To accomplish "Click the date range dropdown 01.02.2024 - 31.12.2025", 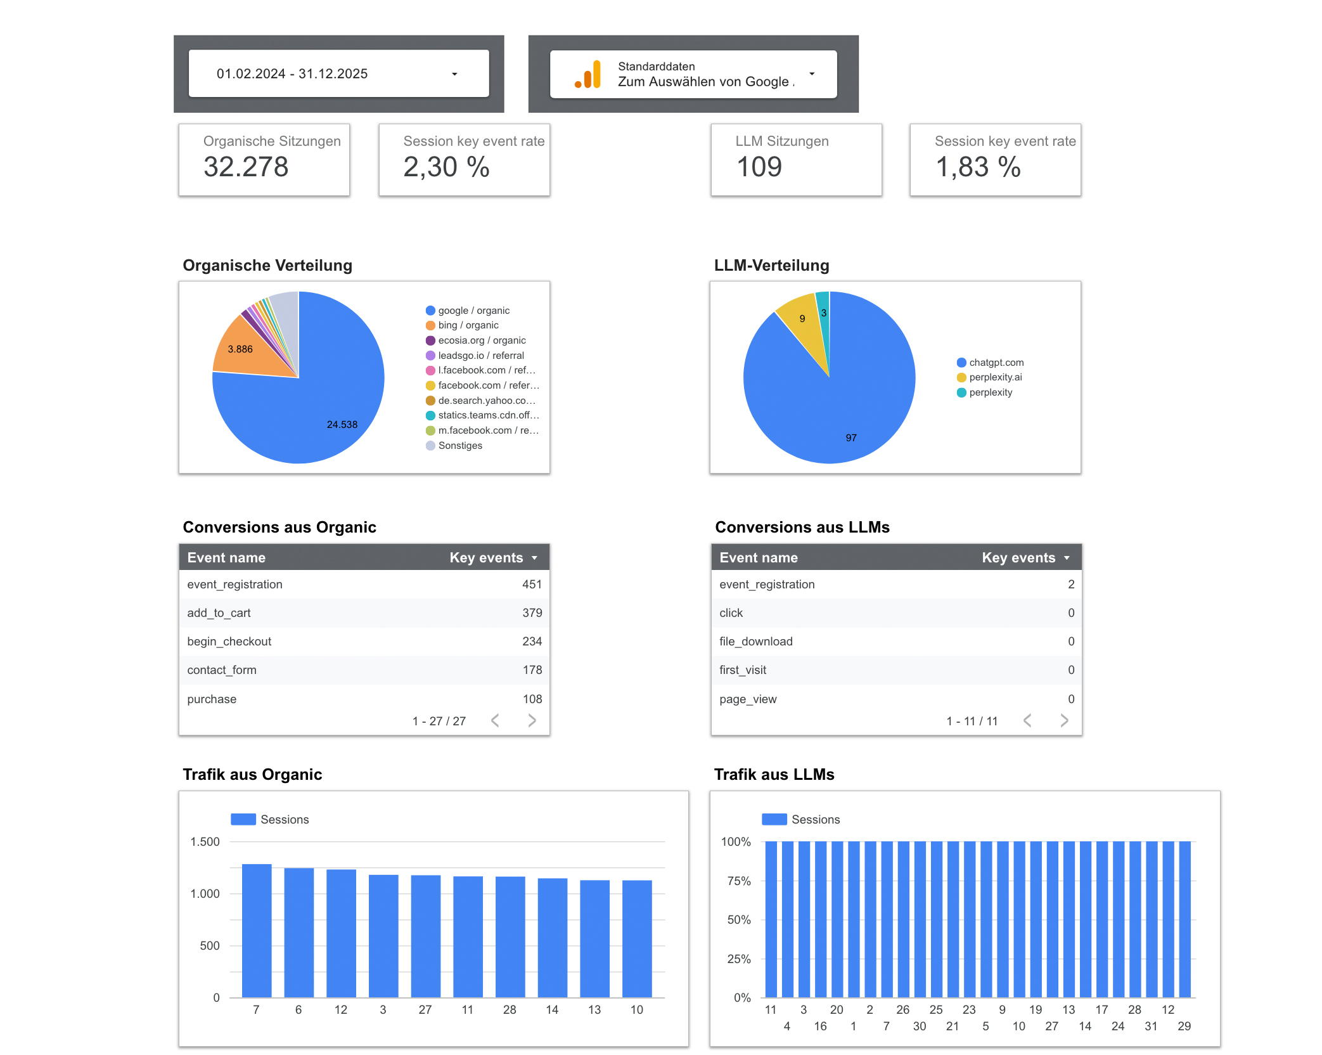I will tap(338, 74).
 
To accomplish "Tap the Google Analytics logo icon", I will tap(587, 75).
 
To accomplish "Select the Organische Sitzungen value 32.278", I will tap(246, 167).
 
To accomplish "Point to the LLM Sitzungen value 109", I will tap(759, 167).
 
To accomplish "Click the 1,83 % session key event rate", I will tap(978, 167).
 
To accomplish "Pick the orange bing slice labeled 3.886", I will tap(244, 348).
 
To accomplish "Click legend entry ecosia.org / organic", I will tap(482, 340).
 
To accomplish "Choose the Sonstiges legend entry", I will tap(460, 446).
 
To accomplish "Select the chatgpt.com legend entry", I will tap(996, 363).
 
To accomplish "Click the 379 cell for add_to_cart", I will tap(532, 613).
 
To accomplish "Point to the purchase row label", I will tap(212, 699).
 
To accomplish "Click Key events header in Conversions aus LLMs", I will tap(1018, 558).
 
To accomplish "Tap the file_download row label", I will tap(755, 642).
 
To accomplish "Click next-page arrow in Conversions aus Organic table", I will tap(532, 721).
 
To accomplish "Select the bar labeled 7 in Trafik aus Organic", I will tap(257, 931).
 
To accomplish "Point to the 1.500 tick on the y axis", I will tap(205, 842).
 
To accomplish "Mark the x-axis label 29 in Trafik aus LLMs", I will tap(1184, 1026).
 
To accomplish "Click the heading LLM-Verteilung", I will tap(771, 266).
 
